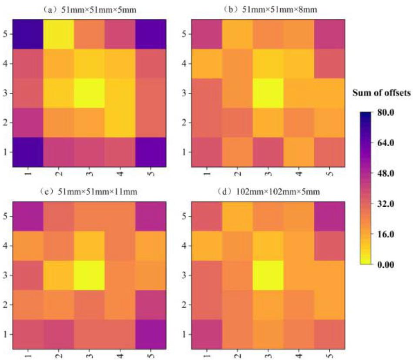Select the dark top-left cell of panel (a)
point(27,34)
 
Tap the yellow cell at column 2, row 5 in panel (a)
point(58,34)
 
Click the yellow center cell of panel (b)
point(268,93)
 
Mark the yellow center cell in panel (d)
point(268,275)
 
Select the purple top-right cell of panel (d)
point(329,216)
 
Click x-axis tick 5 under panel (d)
point(329,356)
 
